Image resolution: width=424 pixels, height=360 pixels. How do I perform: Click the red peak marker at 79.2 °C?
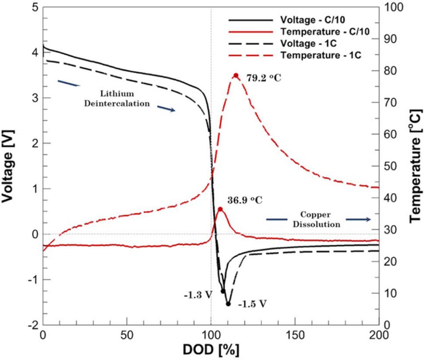click(236, 75)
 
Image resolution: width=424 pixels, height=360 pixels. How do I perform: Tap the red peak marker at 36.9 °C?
click(220, 209)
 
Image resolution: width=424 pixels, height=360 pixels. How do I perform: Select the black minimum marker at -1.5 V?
click(228, 304)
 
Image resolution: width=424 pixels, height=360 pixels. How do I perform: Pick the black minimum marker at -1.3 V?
click(223, 291)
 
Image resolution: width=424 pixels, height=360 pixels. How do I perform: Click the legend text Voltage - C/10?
click(312, 20)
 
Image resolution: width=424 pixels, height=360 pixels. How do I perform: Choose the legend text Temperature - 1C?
click(321, 55)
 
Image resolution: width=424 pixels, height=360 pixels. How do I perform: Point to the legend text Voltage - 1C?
click(307, 44)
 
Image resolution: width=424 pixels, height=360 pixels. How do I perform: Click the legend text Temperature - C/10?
click(325, 32)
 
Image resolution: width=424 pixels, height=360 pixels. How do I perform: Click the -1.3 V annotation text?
click(198, 294)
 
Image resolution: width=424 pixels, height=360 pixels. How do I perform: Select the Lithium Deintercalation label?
click(117, 99)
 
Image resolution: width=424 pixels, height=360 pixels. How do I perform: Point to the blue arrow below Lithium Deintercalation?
click(166, 109)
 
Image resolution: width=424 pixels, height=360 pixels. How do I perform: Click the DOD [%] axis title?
click(211, 349)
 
